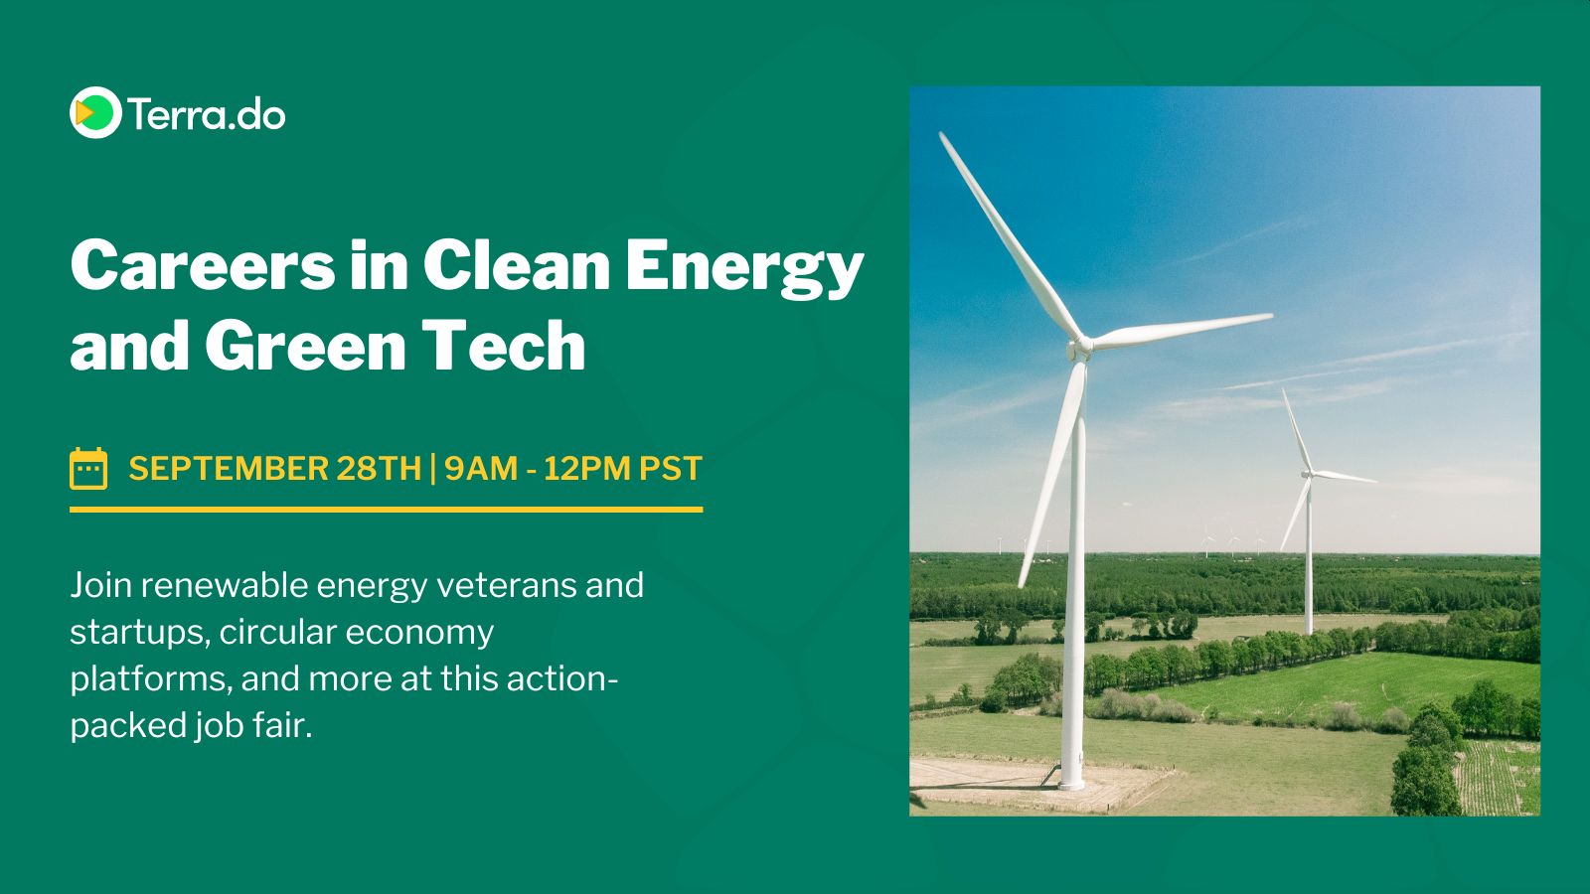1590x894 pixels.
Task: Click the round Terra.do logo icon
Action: tap(95, 112)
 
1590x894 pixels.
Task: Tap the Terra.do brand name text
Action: tap(207, 114)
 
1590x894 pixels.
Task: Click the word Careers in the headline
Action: tap(203, 265)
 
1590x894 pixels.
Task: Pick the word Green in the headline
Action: tap(305, 346)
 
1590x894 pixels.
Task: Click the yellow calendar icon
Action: tap(88, 468)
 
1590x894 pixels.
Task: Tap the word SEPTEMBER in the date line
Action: tap(228, 469)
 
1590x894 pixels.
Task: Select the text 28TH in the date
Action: tap(379, 469)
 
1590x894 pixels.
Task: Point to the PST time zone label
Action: tap(671, 469)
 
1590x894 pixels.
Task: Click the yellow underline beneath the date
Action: tap(387, 510)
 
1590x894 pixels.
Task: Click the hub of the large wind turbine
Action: tap(1079, 349)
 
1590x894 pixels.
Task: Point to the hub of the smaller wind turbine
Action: tap(1308, 473)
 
